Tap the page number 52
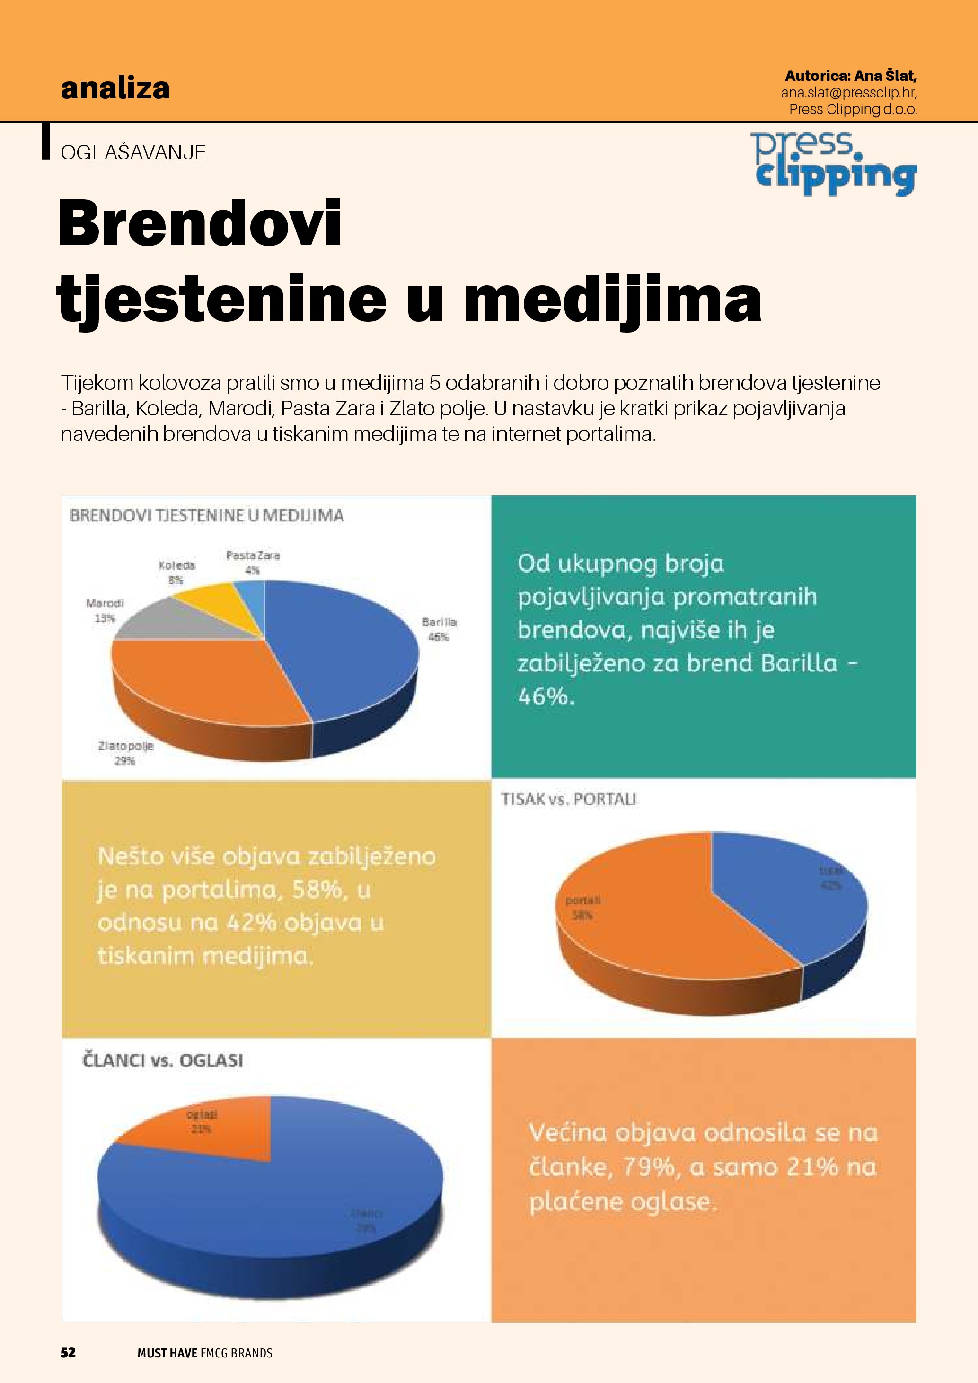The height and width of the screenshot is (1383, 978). pyautogui.click(x=68, y=1352)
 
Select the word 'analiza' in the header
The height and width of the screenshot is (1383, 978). pyautogui.click(x=115, y=88)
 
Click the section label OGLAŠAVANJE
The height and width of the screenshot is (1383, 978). pyautogui.click(x=133, y=152)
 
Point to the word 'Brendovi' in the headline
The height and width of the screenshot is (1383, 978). pyautogui.click(x=200, y=223)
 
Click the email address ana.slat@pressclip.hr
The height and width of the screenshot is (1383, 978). pyautogui.click(x=848, y=93)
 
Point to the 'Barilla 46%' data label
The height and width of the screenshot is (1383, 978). pyautogui.click(x=439, y=629)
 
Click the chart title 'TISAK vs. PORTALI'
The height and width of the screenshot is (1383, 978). pyautogui.click(x=569, y=799)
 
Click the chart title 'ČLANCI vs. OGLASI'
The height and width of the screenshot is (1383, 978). pyautogui.click(x=163, y=1060)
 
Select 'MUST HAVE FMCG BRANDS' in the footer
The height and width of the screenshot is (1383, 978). pyautogui.click(x=205, y=1353)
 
